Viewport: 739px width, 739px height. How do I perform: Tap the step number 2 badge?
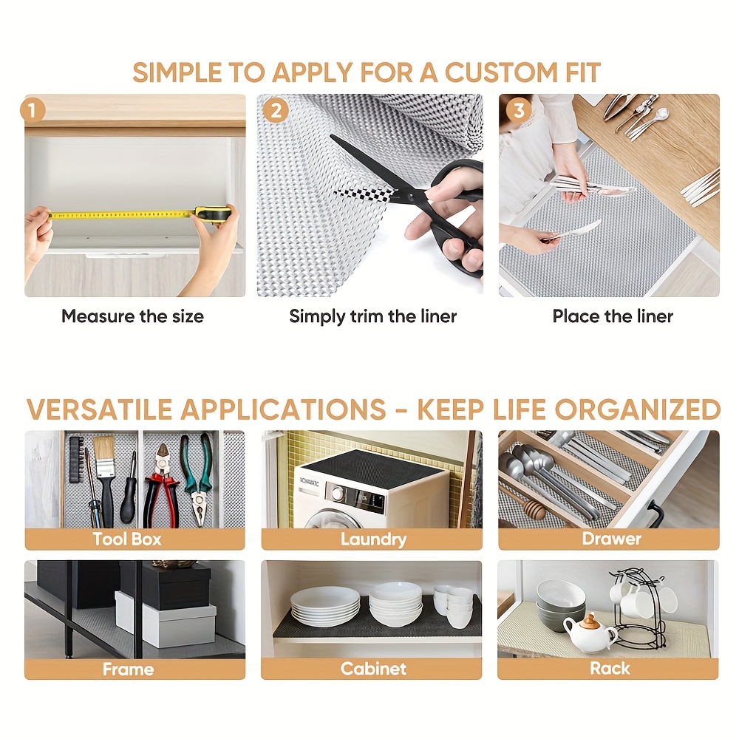[275, 111]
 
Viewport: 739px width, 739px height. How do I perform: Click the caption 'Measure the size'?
[132, 316]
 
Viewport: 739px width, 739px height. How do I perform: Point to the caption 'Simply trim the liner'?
[372, 316]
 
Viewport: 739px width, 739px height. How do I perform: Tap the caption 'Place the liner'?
[613, 316]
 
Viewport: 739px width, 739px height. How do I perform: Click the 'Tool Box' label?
[127, 539]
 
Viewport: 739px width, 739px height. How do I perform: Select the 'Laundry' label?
[373, 539]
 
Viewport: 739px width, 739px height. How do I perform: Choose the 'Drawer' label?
[611, 539]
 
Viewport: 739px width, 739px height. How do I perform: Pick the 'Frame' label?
[128, 669]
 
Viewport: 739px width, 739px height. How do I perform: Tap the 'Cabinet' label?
[373, 669]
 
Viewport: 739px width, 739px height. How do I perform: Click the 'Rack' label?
[610, 669]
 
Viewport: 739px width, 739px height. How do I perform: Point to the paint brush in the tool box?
[105, 473]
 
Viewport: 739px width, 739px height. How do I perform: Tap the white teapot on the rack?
[589, 633]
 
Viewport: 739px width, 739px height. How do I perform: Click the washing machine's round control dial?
[338, 493]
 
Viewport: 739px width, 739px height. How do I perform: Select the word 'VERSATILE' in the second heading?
[99, 409]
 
